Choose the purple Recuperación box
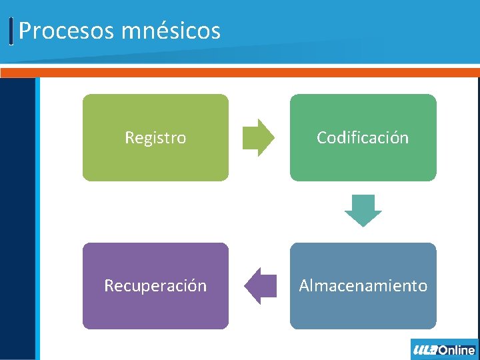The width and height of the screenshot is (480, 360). (x=155, y=310)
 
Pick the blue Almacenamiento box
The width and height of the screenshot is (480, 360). (x=363, y=310)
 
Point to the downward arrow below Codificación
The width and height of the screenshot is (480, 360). (x=363, y=210)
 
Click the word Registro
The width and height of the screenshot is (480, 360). (x=155, y=138)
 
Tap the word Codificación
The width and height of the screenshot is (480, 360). (x=363, y=138)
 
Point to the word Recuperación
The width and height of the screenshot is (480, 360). (x=155, y=286)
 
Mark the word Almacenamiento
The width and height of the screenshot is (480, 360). (x=363, y=286)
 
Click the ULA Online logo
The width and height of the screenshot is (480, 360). (x=444, y=349)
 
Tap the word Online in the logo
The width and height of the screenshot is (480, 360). (x=457, y=349)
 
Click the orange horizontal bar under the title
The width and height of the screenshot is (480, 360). (x=240, y=72)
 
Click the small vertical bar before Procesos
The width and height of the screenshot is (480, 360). (x=12, y=31)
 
